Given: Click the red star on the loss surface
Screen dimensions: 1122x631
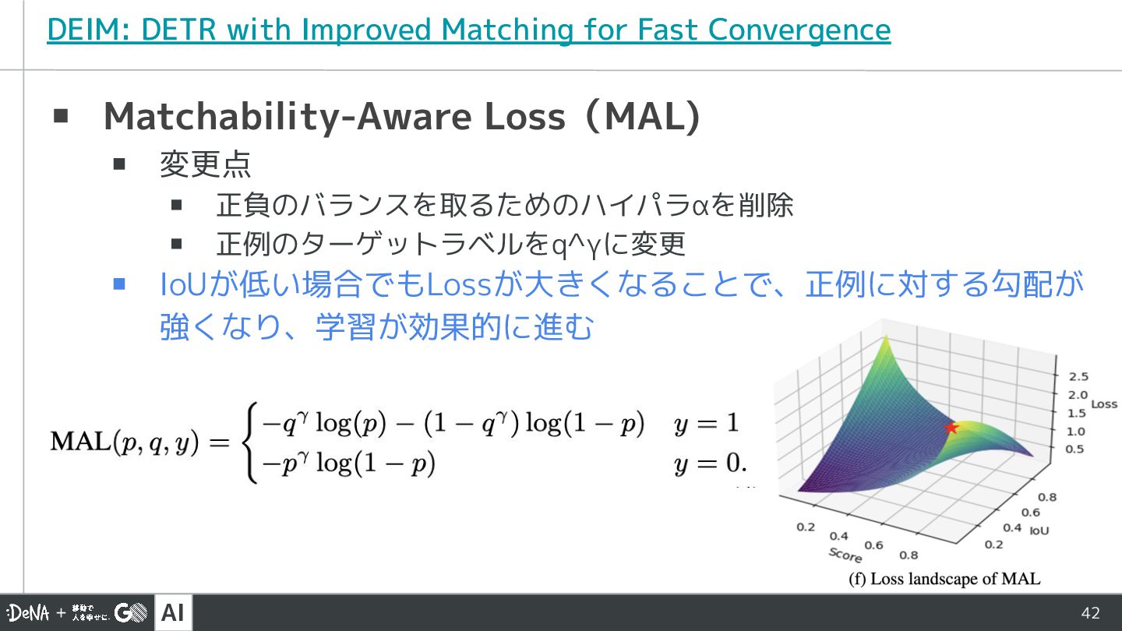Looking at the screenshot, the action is point(951,428).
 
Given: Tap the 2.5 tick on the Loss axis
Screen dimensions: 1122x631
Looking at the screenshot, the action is point(1078,376).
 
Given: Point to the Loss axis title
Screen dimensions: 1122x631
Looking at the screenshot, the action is point(1104,404).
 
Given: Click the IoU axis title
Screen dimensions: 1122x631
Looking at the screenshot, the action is point(1039,531).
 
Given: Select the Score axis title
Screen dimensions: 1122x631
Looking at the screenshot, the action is point(845,555).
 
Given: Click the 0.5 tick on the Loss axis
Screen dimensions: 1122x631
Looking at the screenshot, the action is point(1074,449).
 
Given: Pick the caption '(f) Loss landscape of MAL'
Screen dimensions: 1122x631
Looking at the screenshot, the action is point(944,579).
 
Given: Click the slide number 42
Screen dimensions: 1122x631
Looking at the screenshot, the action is point(1091,613).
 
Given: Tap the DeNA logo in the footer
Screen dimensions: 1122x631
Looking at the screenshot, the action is point(28,612).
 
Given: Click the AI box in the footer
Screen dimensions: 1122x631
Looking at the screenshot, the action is point(173,612).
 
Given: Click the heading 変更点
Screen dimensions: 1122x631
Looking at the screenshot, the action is point(205,164).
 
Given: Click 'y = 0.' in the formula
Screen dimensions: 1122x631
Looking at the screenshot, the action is point(711,464).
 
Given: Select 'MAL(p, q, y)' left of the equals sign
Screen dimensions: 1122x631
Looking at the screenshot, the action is point(125,442).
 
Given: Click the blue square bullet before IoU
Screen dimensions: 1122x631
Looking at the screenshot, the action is point(119,284).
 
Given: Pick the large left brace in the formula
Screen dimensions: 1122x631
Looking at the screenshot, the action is point(249,442).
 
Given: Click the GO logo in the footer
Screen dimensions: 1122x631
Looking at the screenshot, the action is point(131,612).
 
